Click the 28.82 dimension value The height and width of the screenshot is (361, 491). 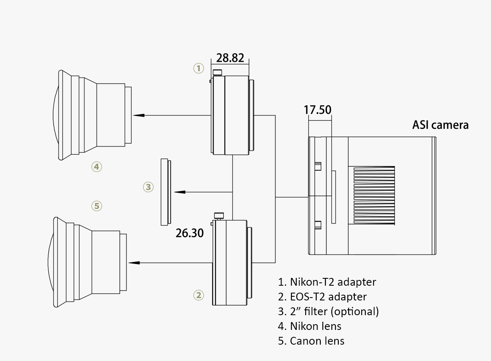230,58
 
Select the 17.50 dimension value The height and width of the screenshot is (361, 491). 318,110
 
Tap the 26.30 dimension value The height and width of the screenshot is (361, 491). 189,233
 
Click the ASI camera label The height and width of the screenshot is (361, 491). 440,124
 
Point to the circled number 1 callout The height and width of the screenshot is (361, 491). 198,68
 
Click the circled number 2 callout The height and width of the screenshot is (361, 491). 198,295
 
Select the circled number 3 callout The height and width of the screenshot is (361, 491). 148,187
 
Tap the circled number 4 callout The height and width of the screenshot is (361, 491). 97,167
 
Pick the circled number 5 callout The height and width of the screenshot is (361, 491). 97,205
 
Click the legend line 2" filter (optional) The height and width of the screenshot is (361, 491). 328,311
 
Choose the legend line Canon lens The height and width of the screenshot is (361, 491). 311,341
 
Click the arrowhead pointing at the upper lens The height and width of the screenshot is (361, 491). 140,115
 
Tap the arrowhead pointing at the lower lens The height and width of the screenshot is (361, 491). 133,262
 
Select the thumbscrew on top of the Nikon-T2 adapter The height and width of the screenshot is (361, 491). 218,73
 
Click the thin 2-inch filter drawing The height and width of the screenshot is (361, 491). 166,192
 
